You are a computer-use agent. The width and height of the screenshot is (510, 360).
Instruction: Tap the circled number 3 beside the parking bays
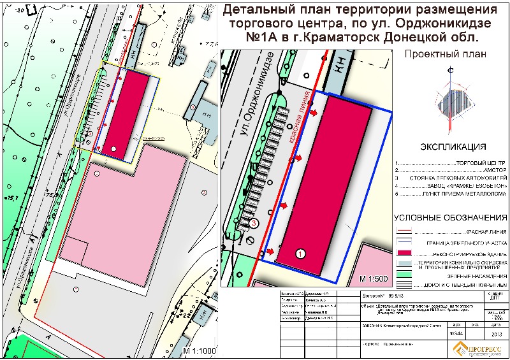click(x=254, y=223)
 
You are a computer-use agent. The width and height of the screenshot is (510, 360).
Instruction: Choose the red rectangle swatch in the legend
click(x=405, y=254)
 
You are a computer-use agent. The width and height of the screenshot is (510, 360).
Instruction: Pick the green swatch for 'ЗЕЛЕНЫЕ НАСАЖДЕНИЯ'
click(x=405, y=275)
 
